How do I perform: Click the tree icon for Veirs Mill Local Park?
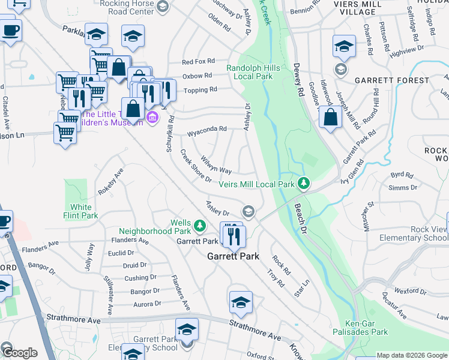tap(304, 182)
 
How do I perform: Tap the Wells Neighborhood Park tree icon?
tap(200, 226)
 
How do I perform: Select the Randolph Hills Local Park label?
tap(253, 72)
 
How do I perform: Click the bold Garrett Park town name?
tap(233, 256)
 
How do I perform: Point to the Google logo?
tap(19, 353)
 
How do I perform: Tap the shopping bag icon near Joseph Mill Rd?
tap(330, 118)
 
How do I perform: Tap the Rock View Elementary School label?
tap(414, 233)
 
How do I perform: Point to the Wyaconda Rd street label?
tap(206, 128)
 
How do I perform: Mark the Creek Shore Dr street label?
tap(196, 166)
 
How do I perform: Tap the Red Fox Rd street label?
tap(198, 61)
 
